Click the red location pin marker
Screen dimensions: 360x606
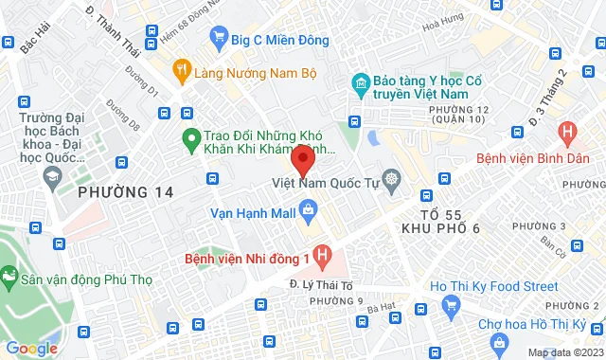pos(302,157)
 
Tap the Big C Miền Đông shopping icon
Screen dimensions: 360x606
pos(220,40)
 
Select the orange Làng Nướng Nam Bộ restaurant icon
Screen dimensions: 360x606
pos(180,71)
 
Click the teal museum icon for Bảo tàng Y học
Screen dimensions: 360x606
pos(360,83)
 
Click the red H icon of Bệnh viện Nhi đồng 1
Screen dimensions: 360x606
pos(324,256)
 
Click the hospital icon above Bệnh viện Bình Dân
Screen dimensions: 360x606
pos(568,133)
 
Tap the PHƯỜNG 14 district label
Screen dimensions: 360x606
pos(126,192)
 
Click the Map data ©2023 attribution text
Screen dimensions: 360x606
pos(564,352)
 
